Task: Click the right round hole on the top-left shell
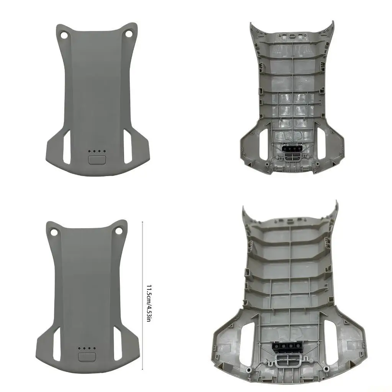click(x=129, y=34)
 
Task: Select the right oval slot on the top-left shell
click(x=128, y=147)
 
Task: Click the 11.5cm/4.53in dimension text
click(x=149, y=303)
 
